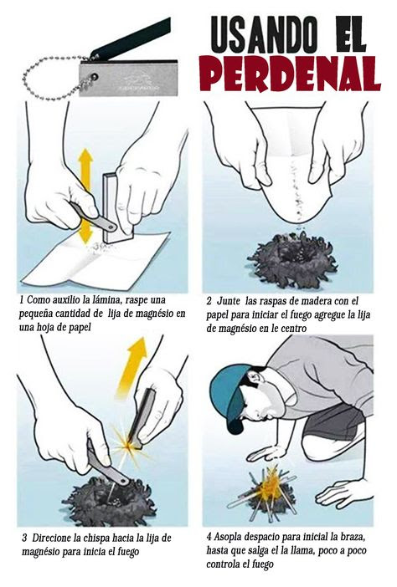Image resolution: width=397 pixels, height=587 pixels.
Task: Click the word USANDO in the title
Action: click(x=265, y=35)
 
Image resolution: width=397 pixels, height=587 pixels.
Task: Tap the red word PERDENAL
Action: click(x=290, y=74)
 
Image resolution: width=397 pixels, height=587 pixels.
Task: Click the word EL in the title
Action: click(x=351, y=35)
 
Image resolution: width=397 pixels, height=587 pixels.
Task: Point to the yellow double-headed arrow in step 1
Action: click(x=85, y=196)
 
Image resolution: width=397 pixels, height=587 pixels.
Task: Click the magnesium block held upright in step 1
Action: click(x=117, y=207)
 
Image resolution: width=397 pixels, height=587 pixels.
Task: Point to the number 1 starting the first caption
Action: click(x=22, y=300)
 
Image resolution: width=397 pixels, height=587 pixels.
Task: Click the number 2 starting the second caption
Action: click(x=209, y=301)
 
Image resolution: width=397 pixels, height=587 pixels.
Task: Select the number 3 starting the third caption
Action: click(x=24, y=539)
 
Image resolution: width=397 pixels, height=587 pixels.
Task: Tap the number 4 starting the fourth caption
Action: click(x=209, y=537)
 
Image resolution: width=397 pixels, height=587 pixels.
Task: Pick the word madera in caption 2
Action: click(x=316, y=301)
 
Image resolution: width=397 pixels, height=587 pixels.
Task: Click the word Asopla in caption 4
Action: click(x=228, y=537)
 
